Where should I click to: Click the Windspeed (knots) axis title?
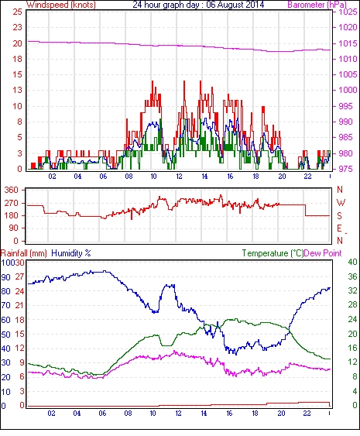61,5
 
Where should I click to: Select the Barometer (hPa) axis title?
317,5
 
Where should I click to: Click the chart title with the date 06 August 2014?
198,5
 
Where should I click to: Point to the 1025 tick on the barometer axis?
348,12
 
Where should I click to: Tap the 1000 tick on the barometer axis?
348,90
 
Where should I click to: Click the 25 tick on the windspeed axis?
18,12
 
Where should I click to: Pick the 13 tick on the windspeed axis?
18,90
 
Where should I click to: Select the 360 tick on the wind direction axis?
12,191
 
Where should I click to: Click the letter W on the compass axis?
341,203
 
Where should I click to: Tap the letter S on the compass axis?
339,215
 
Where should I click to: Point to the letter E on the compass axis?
339,228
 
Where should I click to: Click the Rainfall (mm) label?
24,253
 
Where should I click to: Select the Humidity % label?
71,253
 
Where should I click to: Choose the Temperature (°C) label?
273,253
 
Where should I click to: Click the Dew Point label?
323,253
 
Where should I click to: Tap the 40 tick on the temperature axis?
352,263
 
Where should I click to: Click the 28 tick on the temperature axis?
352,305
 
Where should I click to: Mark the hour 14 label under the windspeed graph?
204,177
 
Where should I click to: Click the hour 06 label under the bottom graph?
102,414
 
